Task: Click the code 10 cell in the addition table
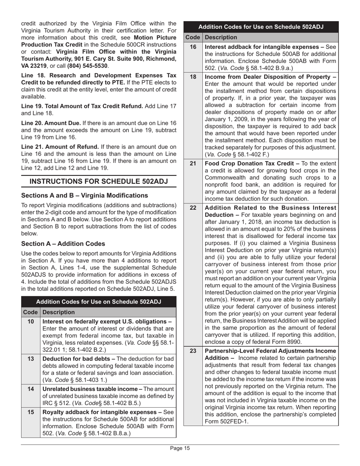click(x=30, y=322)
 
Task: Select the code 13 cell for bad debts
click(x=30, y=358)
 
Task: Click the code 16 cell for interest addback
click(x=193, y=47)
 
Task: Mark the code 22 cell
click(x=193, y=208)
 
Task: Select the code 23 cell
click(x=193, y=351)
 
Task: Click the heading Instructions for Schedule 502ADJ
click(x=99, y=181)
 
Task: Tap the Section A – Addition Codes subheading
click(x=63, y=244)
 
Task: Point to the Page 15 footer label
click(x=180, y=449)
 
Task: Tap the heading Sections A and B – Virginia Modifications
click(x=85, y=195)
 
